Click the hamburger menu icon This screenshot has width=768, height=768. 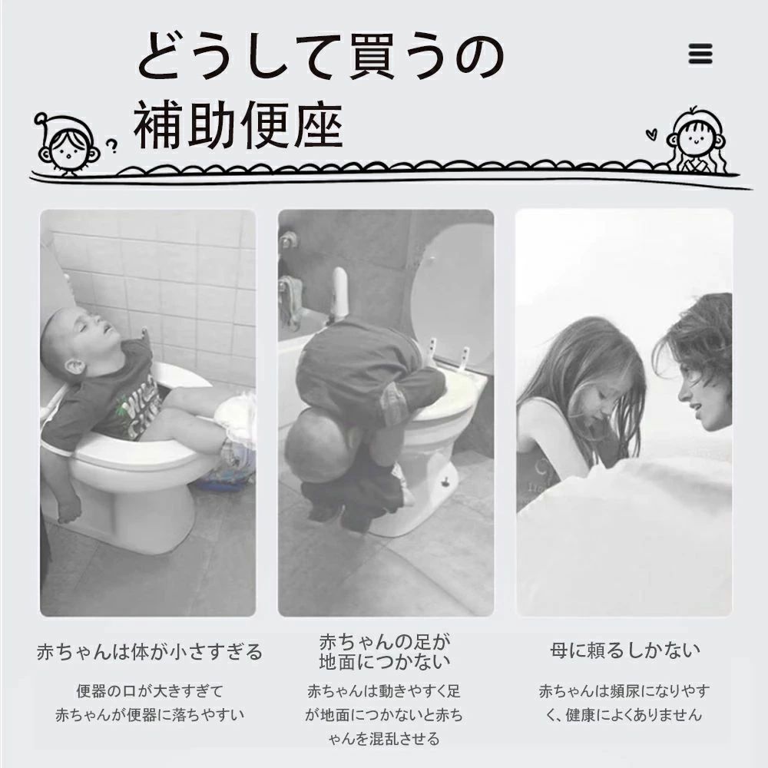[700, 54]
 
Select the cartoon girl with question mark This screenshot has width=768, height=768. [68, 145]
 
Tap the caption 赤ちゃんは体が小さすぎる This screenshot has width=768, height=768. [150, 653]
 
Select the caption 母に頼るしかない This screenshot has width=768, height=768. [624, 651]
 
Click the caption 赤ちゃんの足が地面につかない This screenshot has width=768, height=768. [385, 651]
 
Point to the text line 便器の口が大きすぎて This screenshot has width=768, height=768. [150, 691]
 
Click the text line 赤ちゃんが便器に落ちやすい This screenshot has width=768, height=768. [150, 715]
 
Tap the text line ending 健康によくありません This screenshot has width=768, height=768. [624, 715]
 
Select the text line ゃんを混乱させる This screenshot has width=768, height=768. [385, 739]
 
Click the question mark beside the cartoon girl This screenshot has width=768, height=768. [112, 144]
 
